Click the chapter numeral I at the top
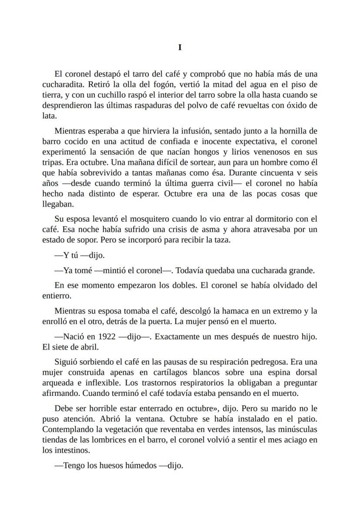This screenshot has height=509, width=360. pos(180,48)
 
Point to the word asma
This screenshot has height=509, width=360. pos(198,229)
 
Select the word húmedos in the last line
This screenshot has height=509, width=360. pos(141,466)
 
